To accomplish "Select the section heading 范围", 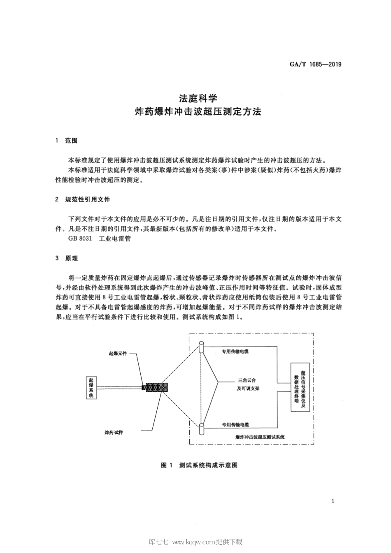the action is (x=71, y=141).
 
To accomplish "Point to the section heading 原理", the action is (x=71, y=258).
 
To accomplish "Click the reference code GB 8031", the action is (x=80, y=238).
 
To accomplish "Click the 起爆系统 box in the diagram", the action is (x=91, y=387).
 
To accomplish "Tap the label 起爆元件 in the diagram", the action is (x=118, y=353).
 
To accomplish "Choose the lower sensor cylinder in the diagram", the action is (x=201, y=429).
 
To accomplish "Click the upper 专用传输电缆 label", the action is (x=235, y=352).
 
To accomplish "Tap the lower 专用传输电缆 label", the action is (x=235, y=424).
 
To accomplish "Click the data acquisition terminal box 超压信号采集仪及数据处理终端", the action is (x=300, y=387).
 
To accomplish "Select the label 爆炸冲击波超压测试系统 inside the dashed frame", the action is (x=260, y=437).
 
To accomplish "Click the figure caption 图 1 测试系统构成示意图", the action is (x=200, y=465).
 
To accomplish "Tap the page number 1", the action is (x=332, y=501).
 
